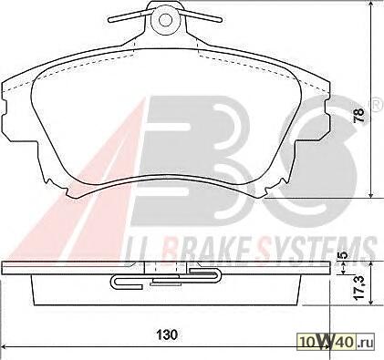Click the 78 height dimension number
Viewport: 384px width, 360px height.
pos(359,115)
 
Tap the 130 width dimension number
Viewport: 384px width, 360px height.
pos(167,334)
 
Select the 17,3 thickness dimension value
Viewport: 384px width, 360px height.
pos(359,287)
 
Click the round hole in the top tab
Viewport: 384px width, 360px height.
pos(165,20)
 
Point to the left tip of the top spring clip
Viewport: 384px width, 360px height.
pos(110,20)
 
